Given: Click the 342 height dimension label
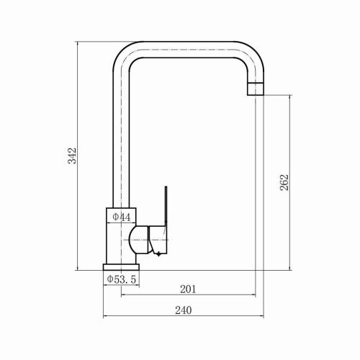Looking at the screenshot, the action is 72,156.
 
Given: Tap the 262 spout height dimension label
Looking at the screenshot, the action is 284,182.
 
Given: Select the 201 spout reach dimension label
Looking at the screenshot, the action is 188,289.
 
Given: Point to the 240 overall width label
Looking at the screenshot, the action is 184,310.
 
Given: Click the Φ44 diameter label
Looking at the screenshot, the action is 122,217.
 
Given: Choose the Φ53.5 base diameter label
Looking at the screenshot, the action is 122,279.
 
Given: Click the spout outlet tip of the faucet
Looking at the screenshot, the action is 256,89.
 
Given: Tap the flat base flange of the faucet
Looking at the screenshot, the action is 121,267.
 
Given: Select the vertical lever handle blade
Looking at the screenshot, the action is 166,207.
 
